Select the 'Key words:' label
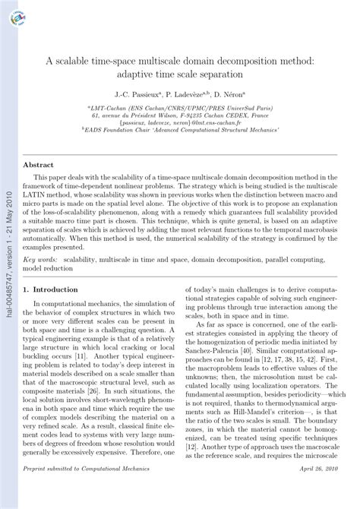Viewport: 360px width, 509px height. pos(39,259)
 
